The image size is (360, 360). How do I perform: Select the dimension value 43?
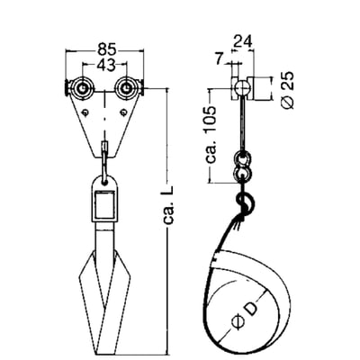point(105,65)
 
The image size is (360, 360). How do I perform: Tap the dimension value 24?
point(242,41)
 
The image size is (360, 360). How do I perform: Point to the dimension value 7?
point(220,59)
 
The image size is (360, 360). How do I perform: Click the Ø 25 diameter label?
point(287,90)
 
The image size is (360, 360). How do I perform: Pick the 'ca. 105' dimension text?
point(211,134)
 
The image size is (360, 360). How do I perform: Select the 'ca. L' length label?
point(169,206)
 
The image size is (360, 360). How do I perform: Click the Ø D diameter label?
point(246,313)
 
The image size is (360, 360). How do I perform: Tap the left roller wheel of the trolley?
point(82,88)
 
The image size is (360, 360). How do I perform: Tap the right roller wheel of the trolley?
point(126,88)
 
